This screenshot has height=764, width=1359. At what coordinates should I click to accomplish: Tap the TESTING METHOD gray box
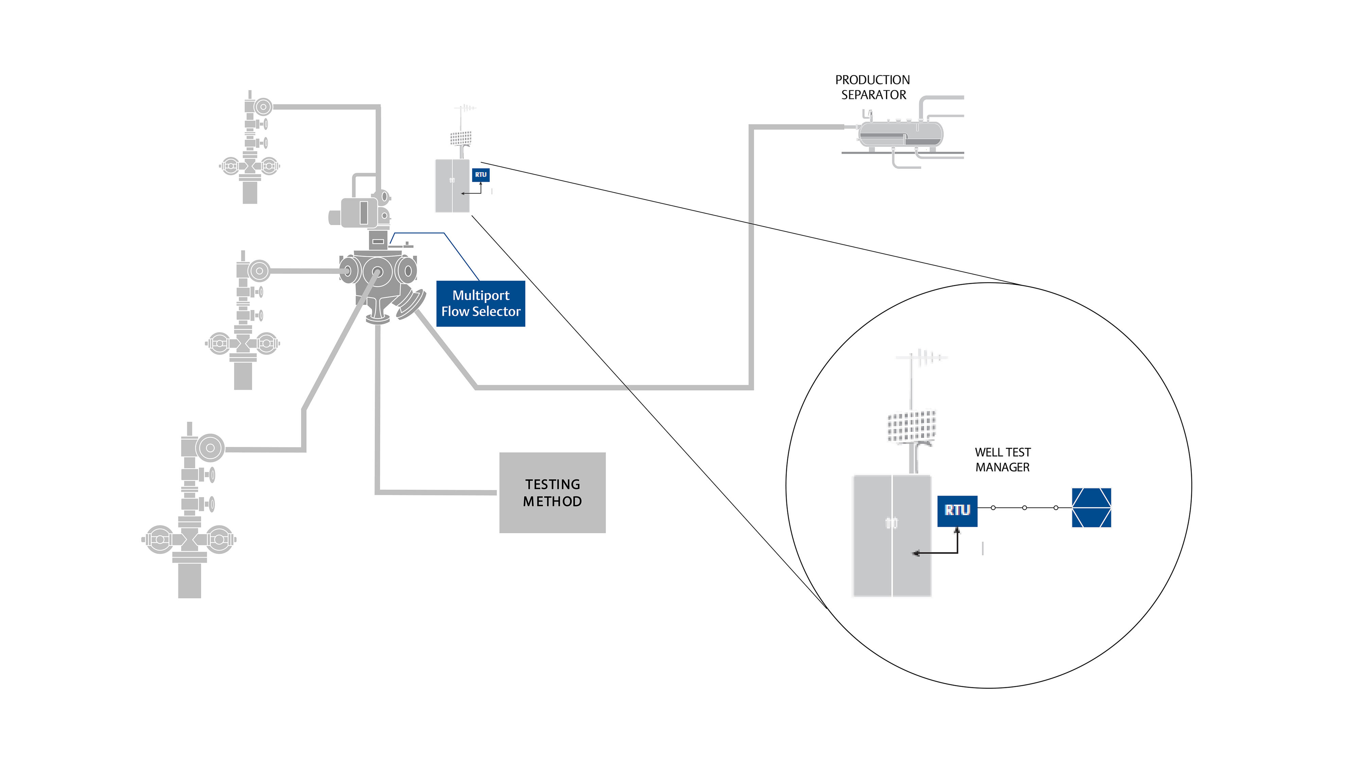[552, 492]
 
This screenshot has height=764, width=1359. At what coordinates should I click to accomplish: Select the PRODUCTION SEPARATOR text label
[872, 88]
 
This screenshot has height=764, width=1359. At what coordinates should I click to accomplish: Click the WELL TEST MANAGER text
[1002, 460]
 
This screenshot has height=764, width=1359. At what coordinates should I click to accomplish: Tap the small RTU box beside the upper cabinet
[481, 175]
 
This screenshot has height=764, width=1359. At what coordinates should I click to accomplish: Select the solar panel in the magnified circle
[912, 426]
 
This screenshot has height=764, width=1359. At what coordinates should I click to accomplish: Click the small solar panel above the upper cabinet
[461, 139]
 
